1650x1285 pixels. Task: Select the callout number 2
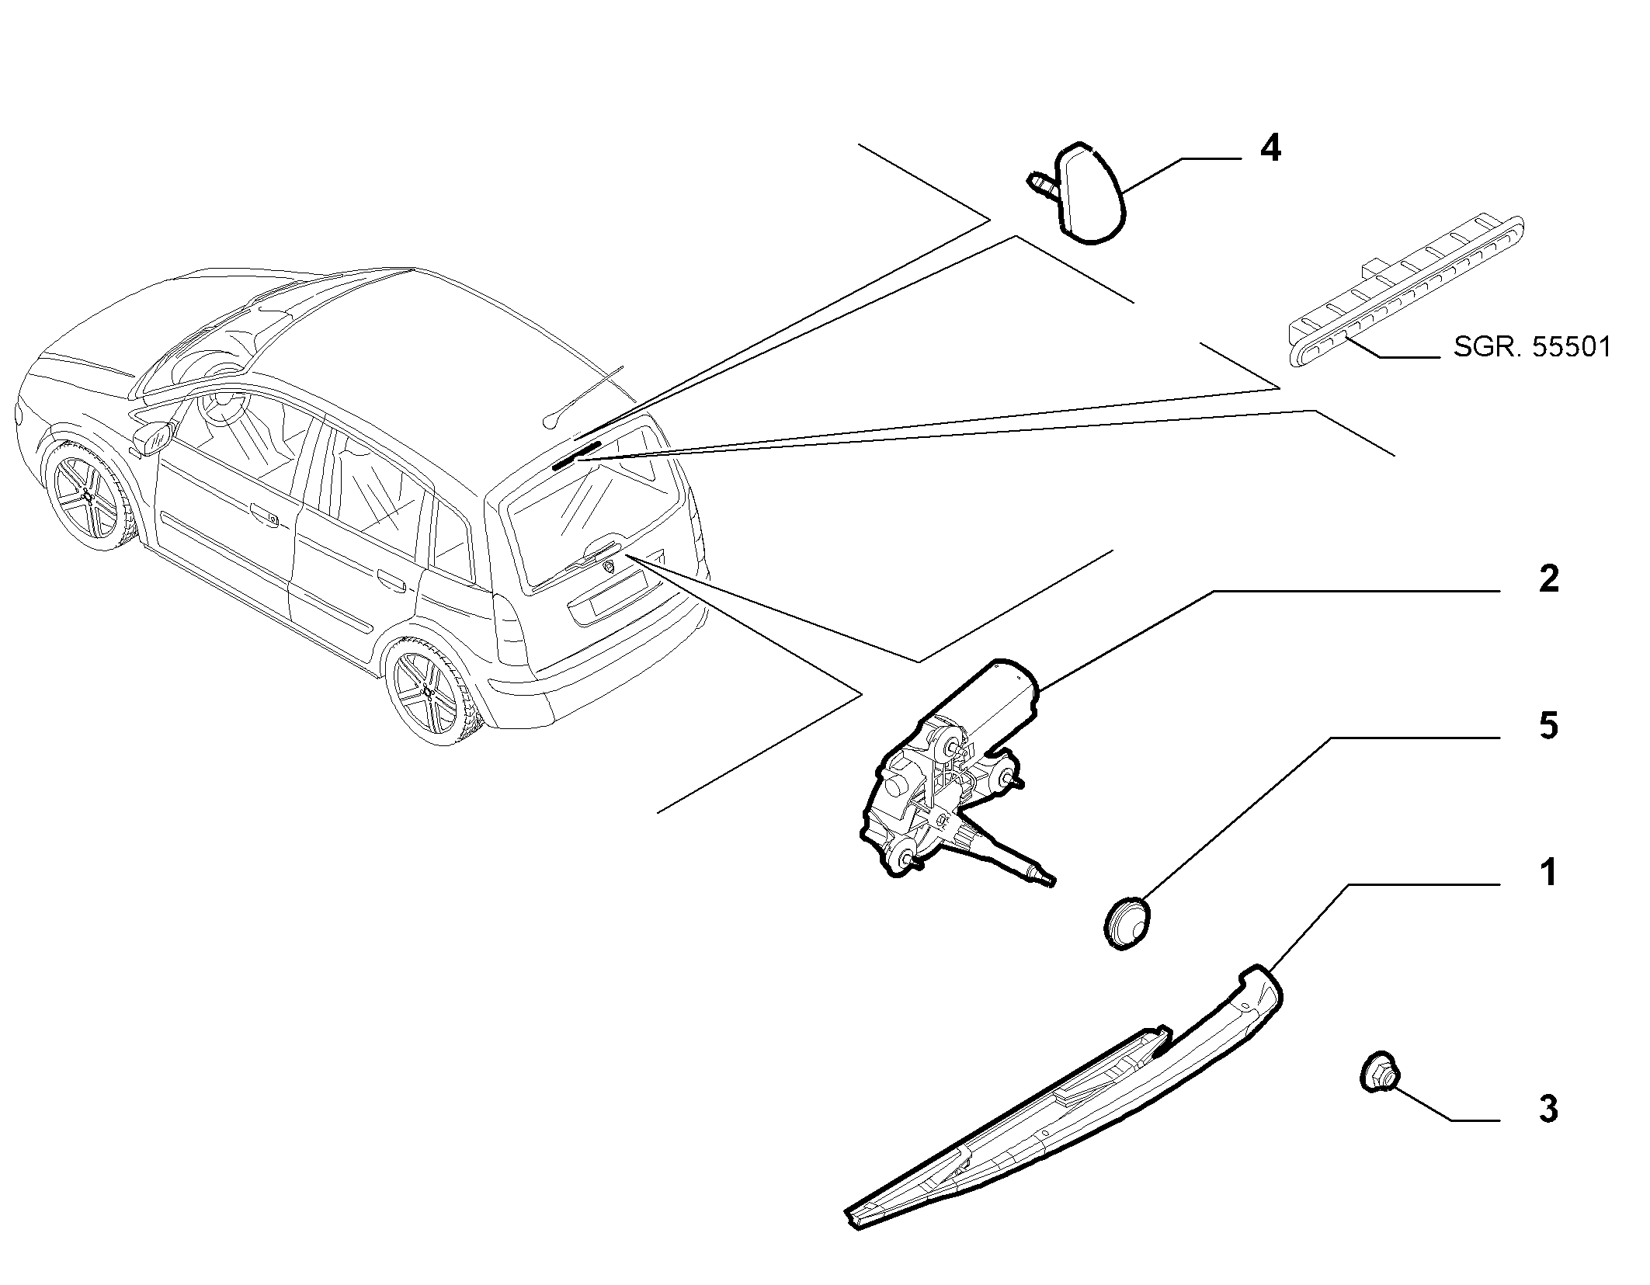coord(1548,579)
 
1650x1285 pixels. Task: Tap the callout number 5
coord(1548,727)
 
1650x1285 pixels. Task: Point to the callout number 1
coord(1549,873)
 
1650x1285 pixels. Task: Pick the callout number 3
coord(1548,1109)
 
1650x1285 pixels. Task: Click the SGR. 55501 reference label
coord(1532,346)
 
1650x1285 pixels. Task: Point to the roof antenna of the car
coord(582,395)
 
